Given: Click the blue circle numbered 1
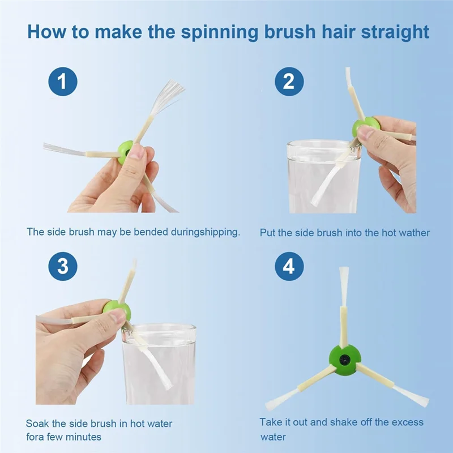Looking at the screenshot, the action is tap(63, 82).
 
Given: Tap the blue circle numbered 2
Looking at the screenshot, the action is tap(289, 82).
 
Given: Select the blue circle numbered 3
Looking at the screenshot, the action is tap(63, 266).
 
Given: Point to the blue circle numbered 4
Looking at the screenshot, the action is tap(289, 266).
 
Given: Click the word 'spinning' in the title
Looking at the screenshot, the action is tap(219, 32).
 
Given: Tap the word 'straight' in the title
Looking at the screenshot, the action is tap(395, 32).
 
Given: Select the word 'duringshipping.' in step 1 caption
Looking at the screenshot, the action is tap(206, 232).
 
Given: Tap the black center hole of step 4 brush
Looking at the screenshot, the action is tap(345, 360).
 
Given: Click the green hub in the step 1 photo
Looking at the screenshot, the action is tap(126, 152).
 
